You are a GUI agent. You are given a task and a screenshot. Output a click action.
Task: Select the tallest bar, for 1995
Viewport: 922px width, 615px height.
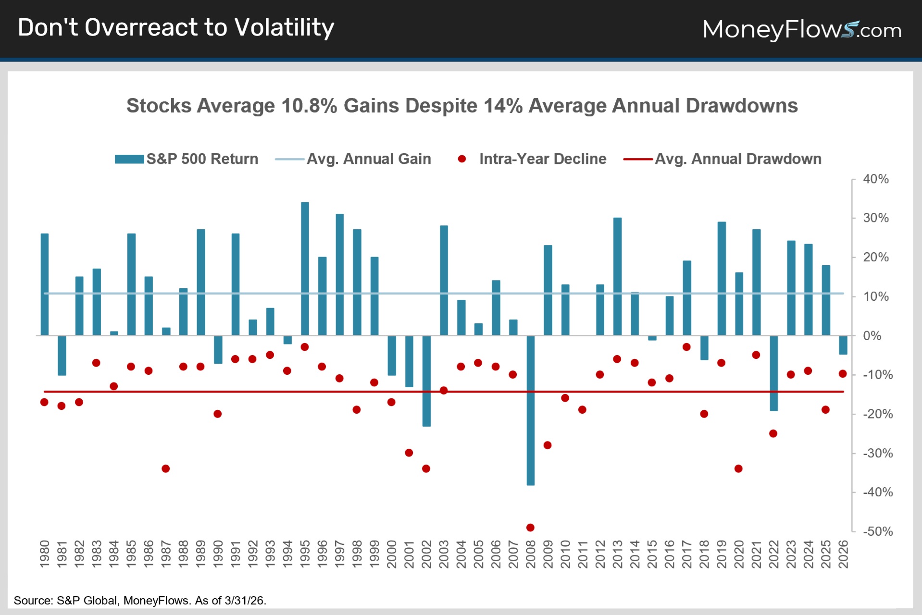[305, 269]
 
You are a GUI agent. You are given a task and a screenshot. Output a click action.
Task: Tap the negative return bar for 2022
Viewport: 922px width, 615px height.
[773, 373]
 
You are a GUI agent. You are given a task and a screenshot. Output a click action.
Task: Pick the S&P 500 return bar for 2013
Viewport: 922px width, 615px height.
[617, 276]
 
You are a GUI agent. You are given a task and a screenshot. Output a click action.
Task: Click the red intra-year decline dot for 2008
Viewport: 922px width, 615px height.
[530, 528]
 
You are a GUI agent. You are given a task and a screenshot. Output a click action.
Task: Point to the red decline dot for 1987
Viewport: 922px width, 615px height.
[166, 468]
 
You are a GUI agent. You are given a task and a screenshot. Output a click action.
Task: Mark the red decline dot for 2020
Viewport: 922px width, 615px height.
[739, 468]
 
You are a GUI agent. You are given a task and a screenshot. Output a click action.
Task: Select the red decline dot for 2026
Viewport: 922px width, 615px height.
[843, 374]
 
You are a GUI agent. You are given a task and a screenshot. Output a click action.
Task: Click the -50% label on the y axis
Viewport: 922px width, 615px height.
[878, 531]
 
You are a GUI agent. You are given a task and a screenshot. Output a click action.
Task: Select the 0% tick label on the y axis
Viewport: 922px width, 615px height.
[872, 336]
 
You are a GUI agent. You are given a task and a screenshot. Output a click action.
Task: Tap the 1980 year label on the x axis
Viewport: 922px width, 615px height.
[45, 554]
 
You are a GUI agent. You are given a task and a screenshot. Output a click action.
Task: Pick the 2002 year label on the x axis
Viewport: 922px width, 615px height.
[426, 554]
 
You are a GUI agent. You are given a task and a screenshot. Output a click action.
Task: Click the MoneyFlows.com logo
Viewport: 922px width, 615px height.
[801, 30]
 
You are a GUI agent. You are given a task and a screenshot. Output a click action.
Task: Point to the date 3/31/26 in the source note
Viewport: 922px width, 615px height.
[245, 601]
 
